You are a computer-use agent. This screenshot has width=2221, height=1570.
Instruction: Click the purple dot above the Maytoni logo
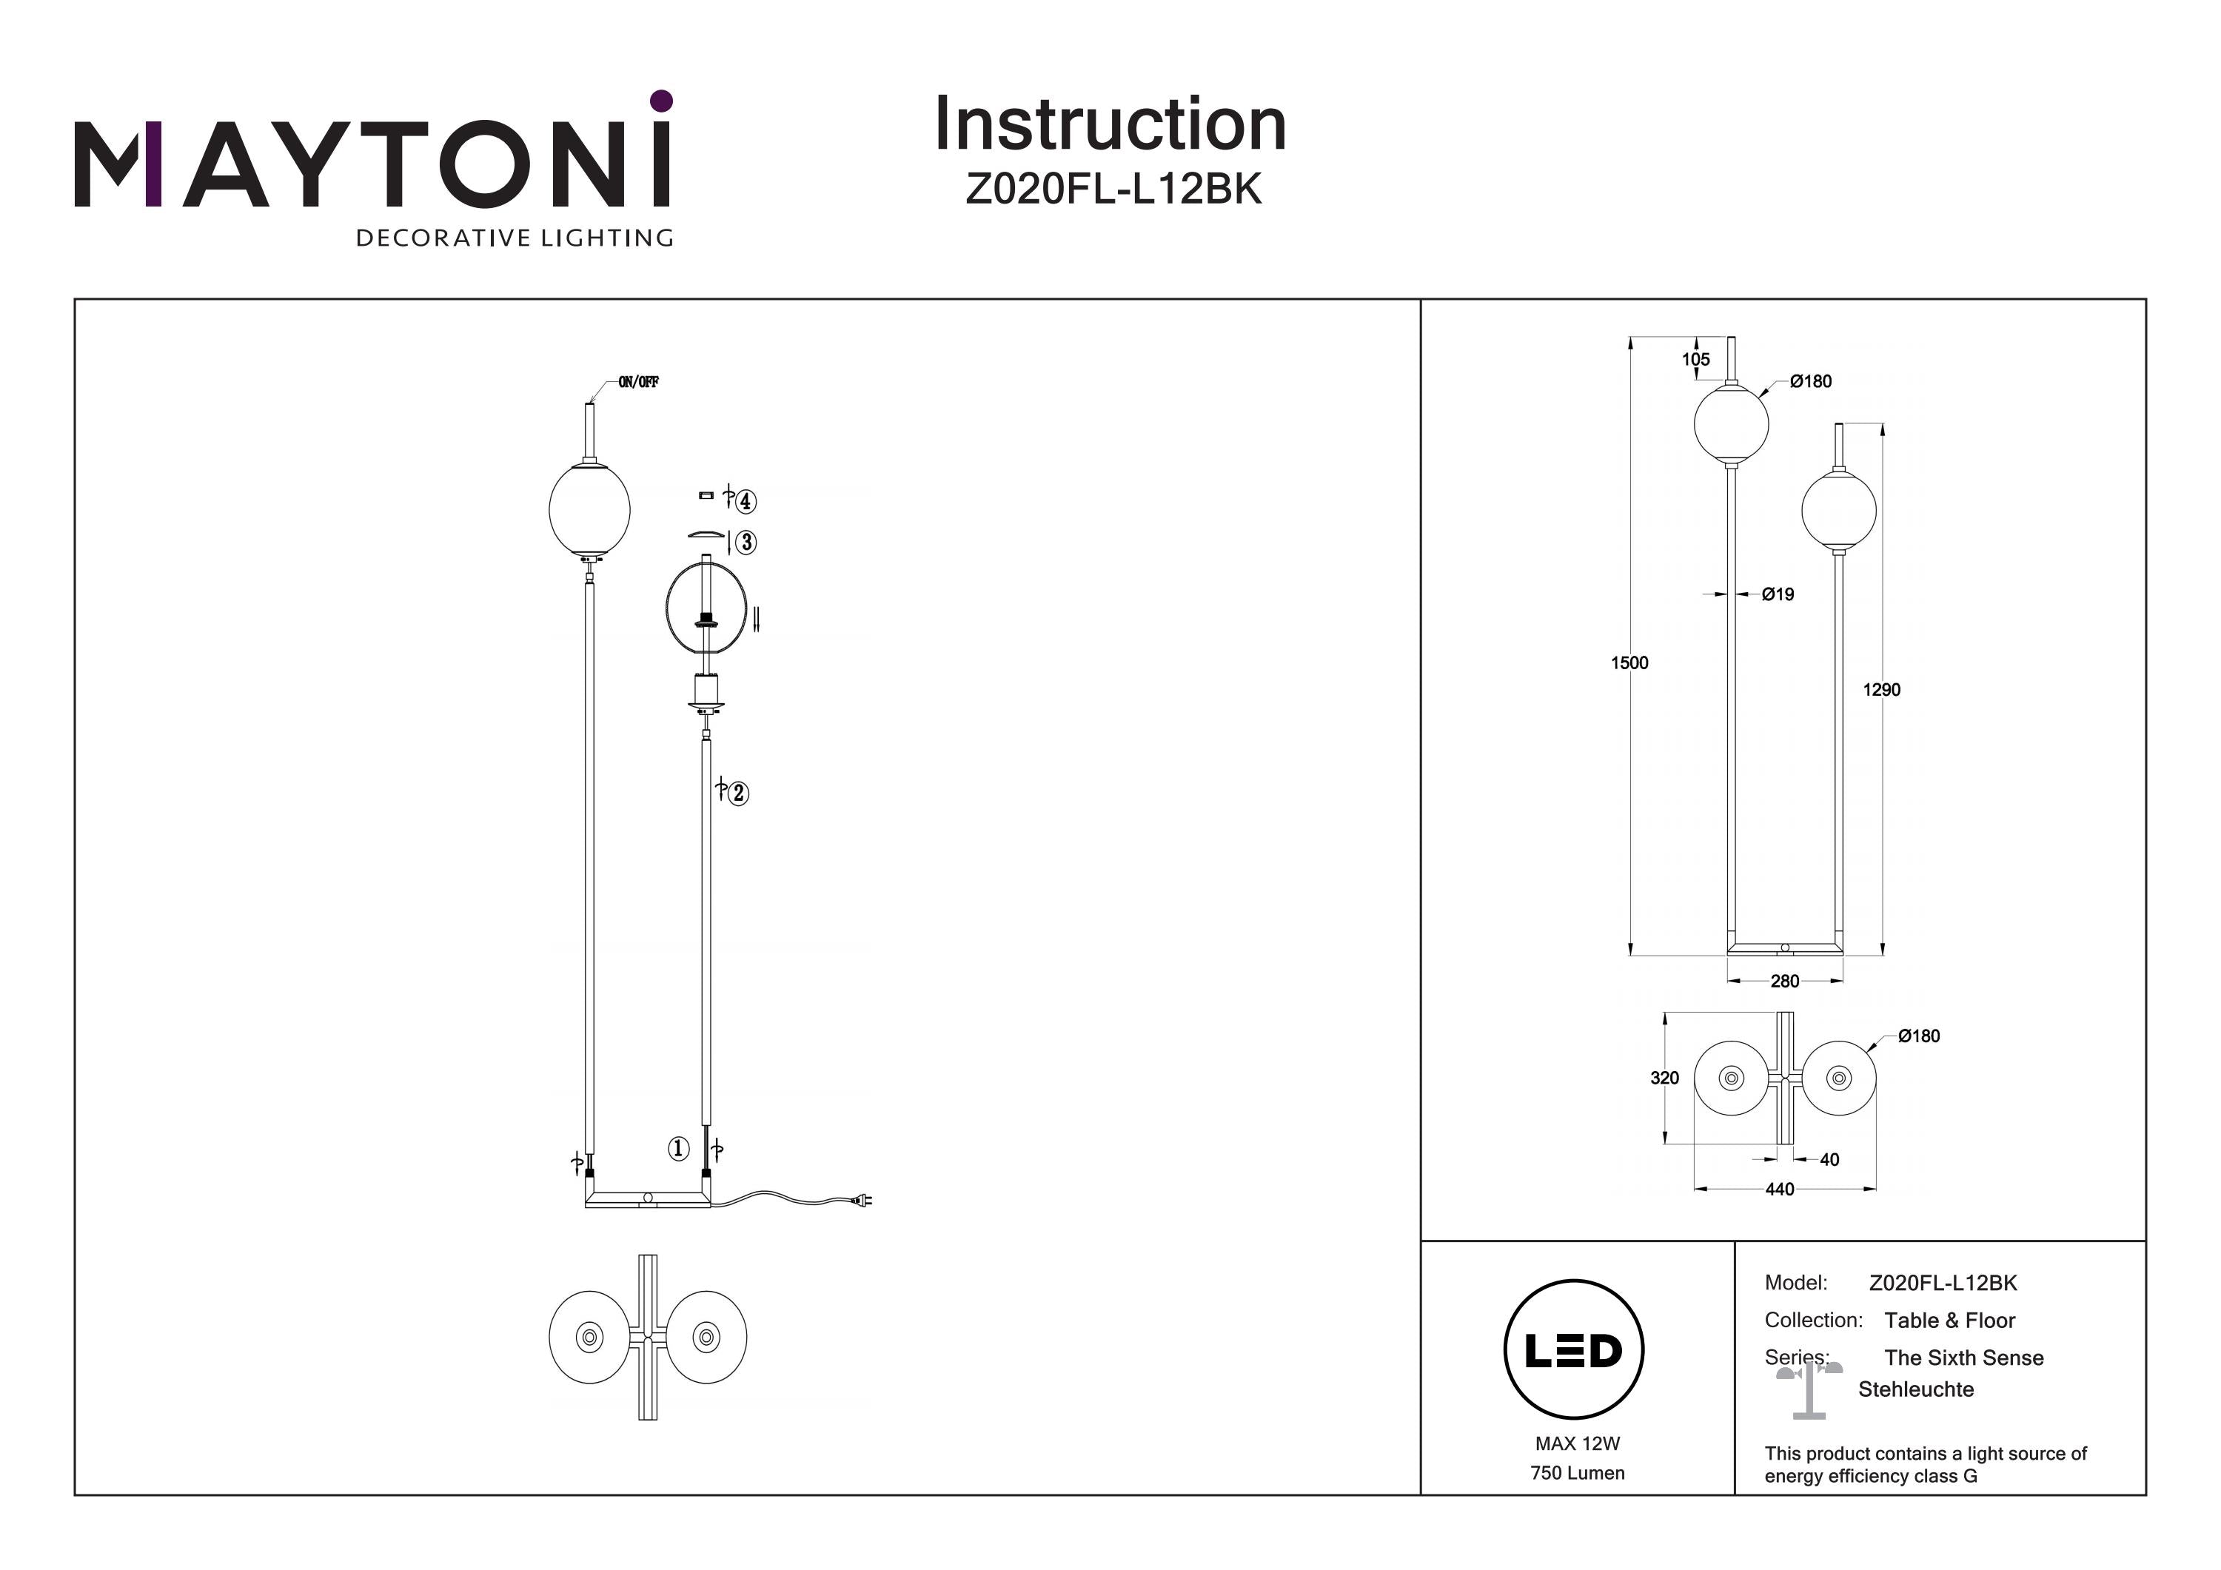pos(662,101)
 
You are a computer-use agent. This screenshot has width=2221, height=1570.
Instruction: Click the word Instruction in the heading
pos(1110,125)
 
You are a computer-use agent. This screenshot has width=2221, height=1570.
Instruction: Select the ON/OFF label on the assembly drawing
pos(638,382)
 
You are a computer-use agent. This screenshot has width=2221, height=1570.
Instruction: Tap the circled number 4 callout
pos(746,501)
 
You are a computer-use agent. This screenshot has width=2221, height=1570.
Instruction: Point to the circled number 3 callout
pos(746,543)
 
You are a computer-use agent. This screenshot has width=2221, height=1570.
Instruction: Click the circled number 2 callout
pos(738,794)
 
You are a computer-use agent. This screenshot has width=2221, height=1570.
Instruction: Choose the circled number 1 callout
pos(678,1148)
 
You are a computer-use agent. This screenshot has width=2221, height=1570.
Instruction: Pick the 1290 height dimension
pos(1881,690)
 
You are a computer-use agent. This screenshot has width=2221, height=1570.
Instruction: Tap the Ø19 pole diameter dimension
pos(1777,594)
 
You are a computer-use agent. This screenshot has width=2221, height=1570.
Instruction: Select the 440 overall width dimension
pos(1779,1189)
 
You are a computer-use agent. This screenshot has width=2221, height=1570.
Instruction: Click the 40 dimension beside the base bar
pos(1829,1159)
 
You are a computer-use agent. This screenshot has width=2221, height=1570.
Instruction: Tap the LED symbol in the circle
pos(1574,1350)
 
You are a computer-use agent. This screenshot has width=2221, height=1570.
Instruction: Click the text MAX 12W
pos(1577,1443)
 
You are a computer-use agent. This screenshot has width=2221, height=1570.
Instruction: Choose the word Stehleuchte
pos(1915,1389)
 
